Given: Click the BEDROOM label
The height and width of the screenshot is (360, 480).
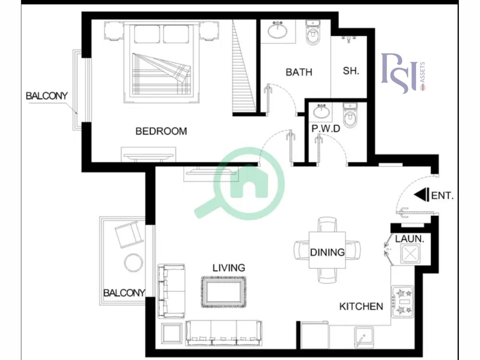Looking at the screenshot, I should point(161,131).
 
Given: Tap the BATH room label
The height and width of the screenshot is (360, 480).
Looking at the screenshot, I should point(299,72).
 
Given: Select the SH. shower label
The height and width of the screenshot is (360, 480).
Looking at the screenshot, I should point(351,71).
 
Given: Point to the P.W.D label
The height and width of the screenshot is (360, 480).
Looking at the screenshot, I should point(326,129).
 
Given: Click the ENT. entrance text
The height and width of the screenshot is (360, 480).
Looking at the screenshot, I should point(443,196).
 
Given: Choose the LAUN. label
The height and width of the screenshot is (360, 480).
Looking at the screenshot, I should point(410,239).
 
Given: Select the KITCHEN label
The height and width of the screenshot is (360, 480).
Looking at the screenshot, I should point(361,307).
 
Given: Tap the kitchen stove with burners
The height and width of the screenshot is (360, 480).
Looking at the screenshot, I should point(403,301).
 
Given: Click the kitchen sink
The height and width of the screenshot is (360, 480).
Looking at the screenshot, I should point(364,337).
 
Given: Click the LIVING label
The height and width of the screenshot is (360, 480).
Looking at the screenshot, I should point(229,268).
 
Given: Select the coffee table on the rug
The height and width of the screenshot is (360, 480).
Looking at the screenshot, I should point(223,292).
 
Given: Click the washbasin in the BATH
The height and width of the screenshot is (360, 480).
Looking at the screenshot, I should point(278,30).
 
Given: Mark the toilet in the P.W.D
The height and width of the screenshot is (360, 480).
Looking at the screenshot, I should point(349,116).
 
